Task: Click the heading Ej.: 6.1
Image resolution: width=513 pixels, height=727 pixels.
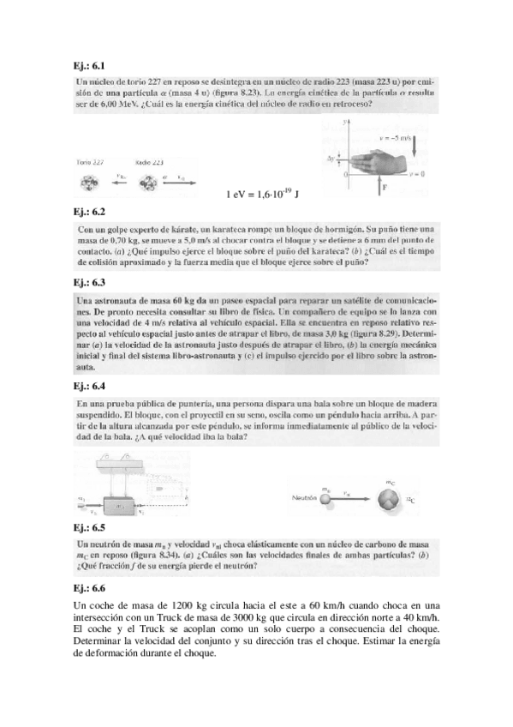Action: pos(91,65)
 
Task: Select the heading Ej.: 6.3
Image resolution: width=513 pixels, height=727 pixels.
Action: pos(91,282)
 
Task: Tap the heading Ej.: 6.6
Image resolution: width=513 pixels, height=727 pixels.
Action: pos(91,588)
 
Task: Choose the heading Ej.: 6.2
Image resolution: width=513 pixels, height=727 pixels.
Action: pos(91,211)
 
